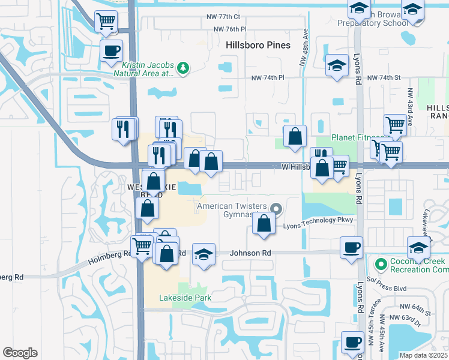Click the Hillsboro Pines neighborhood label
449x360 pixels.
tap(258, 45)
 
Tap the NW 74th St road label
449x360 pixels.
tap(384, 78)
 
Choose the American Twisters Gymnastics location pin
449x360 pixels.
tap(276, 209)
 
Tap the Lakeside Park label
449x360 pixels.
tap(185, 298)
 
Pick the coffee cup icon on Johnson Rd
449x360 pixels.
tap(351, 247)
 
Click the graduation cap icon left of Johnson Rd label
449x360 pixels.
tap(204, 254)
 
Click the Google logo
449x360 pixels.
tap(20, 353)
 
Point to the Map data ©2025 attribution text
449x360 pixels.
tap(423, 355)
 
